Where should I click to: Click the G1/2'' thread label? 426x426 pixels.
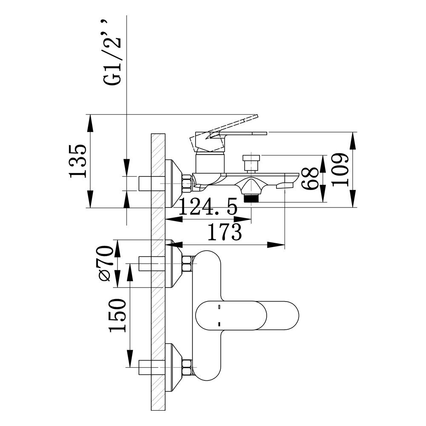[112, 52]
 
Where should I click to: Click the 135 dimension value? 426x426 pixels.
[78, 161]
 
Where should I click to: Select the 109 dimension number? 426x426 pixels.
[340, 170]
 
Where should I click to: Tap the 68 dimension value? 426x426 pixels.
[310, 178]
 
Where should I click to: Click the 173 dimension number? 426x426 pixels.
[225, 232]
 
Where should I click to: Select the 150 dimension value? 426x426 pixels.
[118, 315]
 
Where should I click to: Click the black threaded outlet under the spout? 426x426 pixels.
[251, 199]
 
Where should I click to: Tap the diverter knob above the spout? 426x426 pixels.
[251, 163]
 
